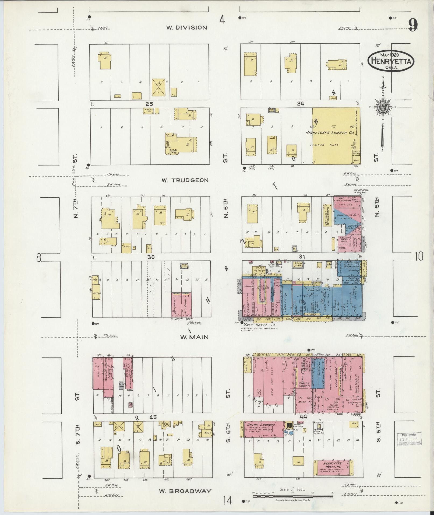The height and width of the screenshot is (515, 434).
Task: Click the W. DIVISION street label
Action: [186, 27]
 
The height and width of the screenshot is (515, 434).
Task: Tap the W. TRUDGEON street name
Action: [185, 180]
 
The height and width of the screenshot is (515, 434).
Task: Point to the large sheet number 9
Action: [412, 26]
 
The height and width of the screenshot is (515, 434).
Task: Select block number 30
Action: [151, 257]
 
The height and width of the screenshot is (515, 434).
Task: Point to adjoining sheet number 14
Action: [228, 500]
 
